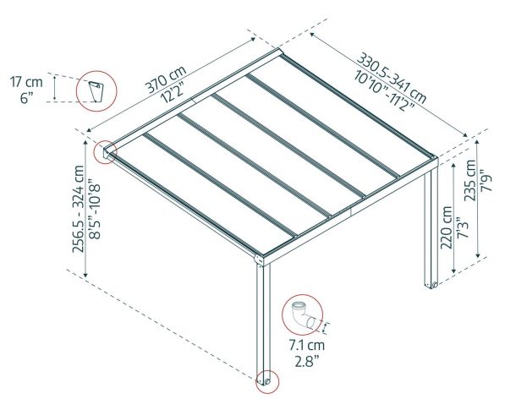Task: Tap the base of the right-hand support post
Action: pos(432,285)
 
